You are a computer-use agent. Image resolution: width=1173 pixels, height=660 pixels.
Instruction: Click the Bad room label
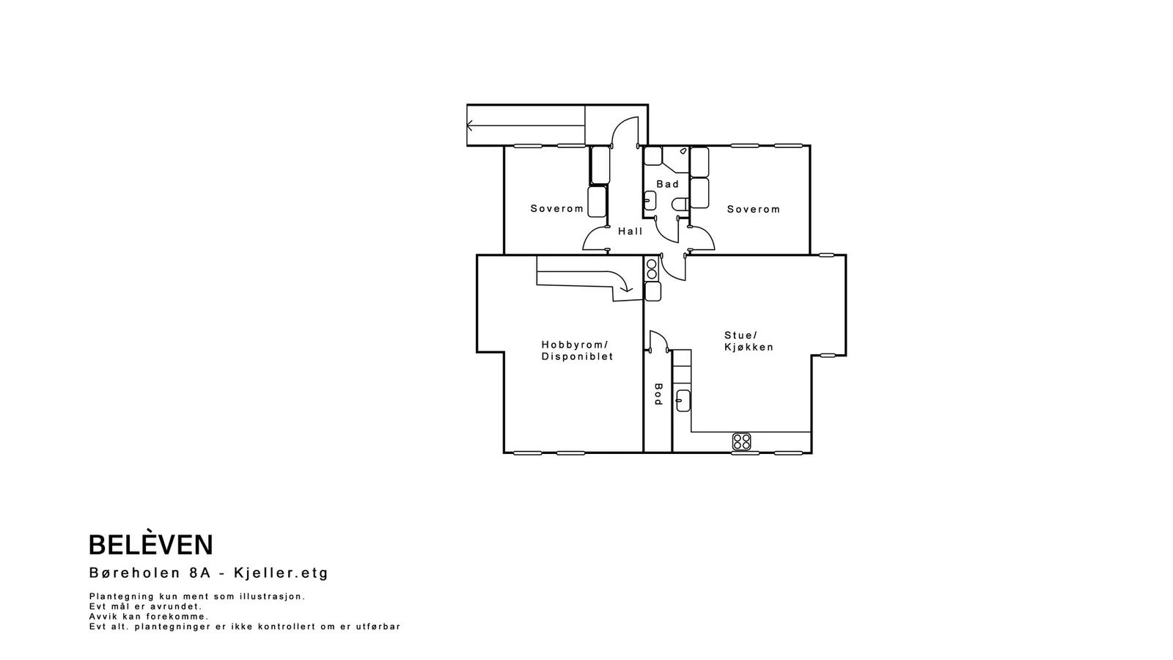[x=668, y=184]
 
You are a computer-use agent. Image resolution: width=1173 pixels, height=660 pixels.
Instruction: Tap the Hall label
[x=630, y=231]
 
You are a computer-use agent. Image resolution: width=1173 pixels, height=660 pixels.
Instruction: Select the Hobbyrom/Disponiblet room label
[x=577, y=351]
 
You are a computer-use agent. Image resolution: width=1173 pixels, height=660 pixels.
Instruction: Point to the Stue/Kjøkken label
[x=749, y=341]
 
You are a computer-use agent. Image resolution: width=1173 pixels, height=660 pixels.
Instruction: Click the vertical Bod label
[x=658, y=395]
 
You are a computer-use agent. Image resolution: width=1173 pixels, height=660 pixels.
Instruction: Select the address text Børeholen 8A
[x=150, y=573]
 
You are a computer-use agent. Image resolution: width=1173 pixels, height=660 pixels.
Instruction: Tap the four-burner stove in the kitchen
[x=741, y=441]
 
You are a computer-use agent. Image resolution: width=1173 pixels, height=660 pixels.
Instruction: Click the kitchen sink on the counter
[x=683, y=400]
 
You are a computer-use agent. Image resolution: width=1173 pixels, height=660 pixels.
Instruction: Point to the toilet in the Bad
[x=680, y=205]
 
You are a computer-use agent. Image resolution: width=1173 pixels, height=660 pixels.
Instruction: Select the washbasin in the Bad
[x=650, y=200]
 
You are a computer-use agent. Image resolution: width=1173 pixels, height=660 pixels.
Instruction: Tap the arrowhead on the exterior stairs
[x=469, y=125]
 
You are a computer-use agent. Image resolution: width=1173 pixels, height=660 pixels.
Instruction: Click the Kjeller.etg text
[x=282, y=573]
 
